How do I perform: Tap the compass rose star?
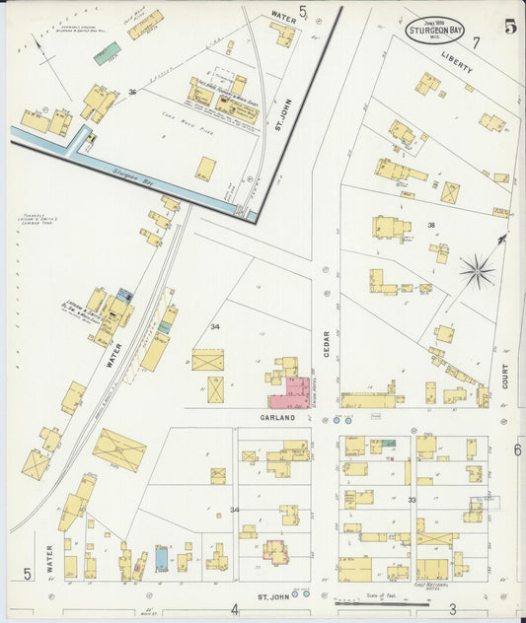click(478, 269)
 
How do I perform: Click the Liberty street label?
click(457, 63)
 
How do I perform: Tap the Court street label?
click(504, 375)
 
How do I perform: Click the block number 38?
click(430, 226)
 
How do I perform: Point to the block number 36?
click(131, 92)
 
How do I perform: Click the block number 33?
click(411, 500)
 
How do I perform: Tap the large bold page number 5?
click(510, 27)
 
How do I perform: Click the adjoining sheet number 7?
click(475, 42)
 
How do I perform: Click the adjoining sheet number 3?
click(452, 608)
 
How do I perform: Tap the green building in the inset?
click(107, 52)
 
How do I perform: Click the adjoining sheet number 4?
click(235, 608)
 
